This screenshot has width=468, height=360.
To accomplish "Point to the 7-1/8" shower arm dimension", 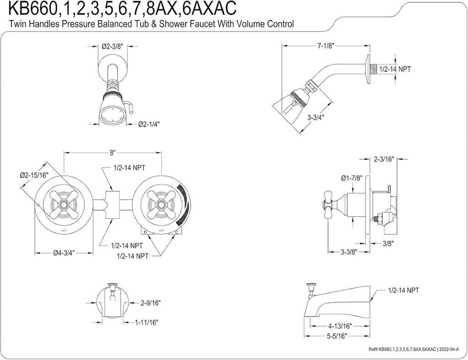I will (x=325, y=46).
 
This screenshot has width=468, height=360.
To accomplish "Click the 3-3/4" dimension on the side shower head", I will (x=315, y=117).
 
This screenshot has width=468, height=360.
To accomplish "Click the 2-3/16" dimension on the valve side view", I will (x=383, y=159).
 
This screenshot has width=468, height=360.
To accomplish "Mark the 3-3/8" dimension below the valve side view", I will (x=349, y=252).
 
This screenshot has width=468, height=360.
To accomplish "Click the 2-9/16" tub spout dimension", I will (x=151, y=302).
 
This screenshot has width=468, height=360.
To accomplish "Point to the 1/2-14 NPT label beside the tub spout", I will (x=404, y=290).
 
